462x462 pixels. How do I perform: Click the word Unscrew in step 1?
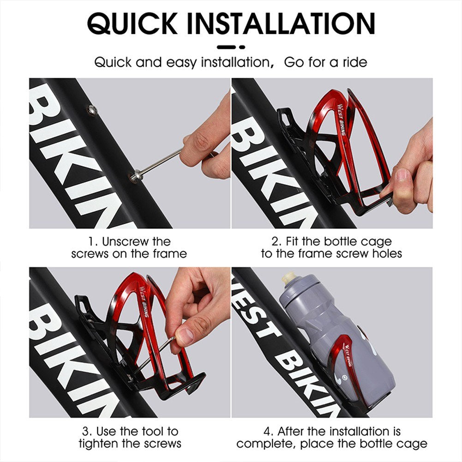click(x=130, y=241)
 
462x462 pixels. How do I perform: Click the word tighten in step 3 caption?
click(x=104, y=444)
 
